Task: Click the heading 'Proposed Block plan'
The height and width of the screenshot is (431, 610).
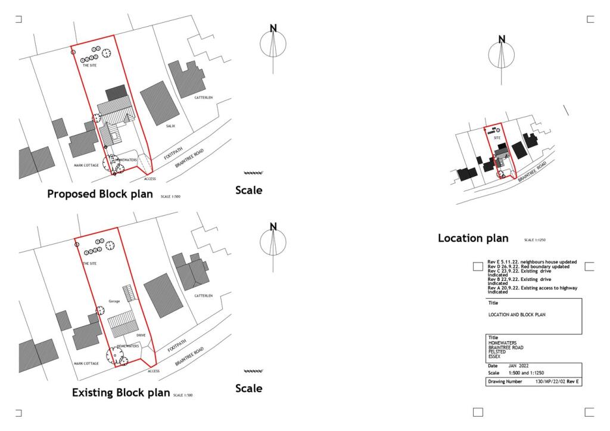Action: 99,194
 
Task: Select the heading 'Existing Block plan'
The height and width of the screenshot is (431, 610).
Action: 120,393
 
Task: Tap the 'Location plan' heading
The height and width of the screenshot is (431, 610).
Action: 473,238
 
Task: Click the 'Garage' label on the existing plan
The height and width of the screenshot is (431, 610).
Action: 114,301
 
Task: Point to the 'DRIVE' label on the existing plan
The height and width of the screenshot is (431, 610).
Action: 141,335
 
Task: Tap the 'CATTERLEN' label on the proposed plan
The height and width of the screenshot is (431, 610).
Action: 203,96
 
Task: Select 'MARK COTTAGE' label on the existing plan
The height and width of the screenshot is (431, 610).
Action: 85,363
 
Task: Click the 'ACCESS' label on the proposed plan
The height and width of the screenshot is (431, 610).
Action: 150,179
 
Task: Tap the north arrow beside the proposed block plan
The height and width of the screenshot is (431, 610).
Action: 273,43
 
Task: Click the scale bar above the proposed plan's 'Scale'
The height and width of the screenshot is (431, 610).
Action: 254,173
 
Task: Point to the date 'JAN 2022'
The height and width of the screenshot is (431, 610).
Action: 518,366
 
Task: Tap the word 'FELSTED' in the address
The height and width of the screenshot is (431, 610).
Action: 498,351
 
